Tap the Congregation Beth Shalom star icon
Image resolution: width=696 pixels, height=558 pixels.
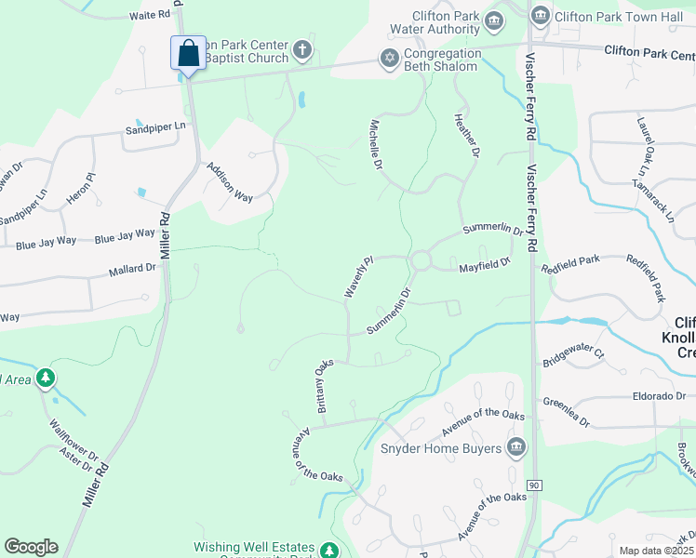[389, 59]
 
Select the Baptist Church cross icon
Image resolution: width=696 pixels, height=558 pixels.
[301, 49]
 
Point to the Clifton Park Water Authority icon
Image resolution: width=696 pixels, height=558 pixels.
[494, 20]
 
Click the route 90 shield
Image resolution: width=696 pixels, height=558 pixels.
[534, 485]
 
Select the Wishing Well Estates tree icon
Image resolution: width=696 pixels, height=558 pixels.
[329, 550]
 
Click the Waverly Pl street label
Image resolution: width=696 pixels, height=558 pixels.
[358, 278]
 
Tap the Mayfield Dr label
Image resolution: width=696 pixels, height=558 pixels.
[485, 266]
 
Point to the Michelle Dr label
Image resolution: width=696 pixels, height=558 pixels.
[377, 143]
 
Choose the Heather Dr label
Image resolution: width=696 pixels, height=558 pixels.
[466, 135]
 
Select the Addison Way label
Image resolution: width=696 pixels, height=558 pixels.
[230, 182]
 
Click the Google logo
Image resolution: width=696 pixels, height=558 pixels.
[31, 547]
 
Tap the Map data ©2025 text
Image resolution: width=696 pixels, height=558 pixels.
[656, 551]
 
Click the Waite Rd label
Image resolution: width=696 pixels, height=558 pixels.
[151, 16]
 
